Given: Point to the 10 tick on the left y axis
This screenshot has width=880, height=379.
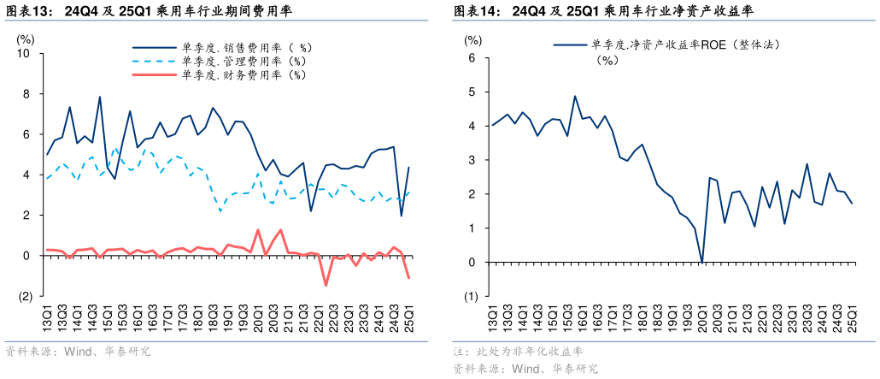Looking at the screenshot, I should click(23, 53).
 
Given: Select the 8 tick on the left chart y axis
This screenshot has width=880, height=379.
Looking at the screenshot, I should click(26, 94).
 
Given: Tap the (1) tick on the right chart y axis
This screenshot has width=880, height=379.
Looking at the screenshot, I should click(470, 297).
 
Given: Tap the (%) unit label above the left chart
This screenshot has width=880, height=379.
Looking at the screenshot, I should click(26, 38).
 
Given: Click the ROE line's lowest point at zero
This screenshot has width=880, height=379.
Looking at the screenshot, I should click(701, 262).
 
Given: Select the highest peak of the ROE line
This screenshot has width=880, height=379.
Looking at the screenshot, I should click(575, 96).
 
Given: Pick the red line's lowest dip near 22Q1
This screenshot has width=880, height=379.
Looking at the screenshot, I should click(326, 285).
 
